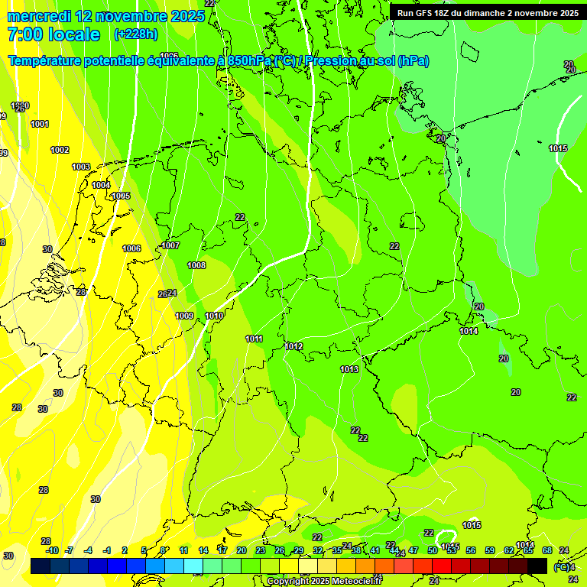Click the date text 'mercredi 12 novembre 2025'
105,16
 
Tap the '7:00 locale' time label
54,34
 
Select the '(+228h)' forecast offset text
135,34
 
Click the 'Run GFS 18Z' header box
488,13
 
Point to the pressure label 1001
39,124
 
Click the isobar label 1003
80,167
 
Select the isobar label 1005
121,196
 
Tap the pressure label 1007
170,245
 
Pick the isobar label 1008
196,265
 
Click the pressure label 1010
214,316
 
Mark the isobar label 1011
254,339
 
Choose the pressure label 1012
293,346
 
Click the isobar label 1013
349,369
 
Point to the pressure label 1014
469,331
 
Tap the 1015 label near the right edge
558,148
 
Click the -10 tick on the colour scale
51,550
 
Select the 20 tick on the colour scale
241,550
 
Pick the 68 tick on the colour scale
546,550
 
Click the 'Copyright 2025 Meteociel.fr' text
323,581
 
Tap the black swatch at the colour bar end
537,566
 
